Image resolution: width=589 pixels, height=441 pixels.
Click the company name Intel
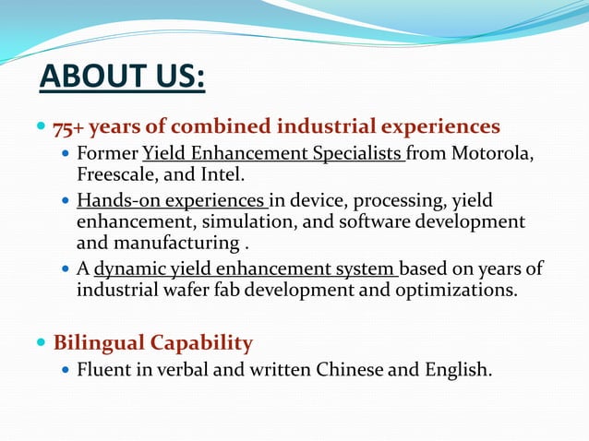click(226, 173)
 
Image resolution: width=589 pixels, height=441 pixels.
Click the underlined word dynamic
click(128, 269)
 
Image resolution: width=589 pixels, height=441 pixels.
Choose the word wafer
click(188, 291)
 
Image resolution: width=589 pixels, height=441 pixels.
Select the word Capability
click(201, 343)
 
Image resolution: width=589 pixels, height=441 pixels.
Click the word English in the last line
click(455, 370)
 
